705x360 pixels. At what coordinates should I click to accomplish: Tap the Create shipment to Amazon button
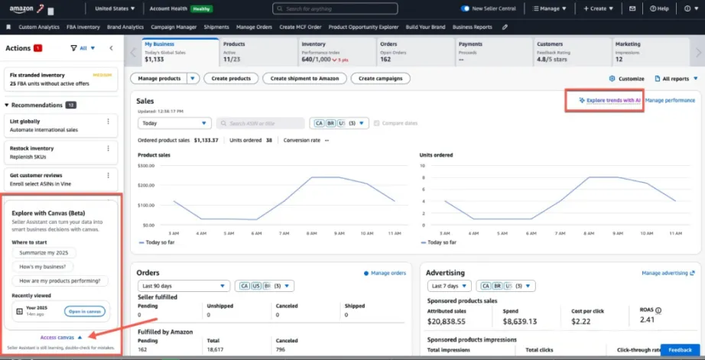pos(304,78)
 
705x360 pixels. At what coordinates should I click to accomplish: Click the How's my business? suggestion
pos(44,267)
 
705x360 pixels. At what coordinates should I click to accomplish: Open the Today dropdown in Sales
pos(174,123)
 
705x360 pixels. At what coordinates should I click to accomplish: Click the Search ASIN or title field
pos(261,123)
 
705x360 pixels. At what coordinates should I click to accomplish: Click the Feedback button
pos(680,349)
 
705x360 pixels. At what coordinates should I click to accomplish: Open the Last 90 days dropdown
pos(182,286)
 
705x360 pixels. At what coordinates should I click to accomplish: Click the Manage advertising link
pos(668,273)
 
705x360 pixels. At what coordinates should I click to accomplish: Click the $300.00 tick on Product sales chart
pos(147,165)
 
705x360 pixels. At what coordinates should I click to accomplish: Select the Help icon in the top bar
pos(660,8)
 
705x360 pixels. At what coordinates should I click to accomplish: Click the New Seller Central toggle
pos(465,8)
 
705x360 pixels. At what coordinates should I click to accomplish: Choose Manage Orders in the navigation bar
pos(254,27)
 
